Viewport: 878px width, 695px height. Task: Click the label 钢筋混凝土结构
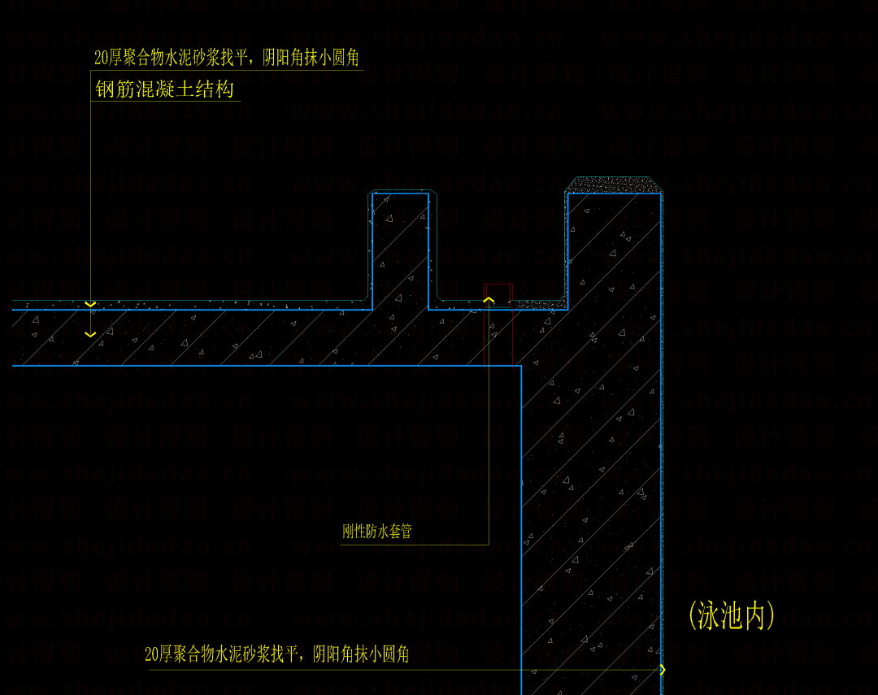[165, 89]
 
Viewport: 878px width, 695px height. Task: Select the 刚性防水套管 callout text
[377, 532]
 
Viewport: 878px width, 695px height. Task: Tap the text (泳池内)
[731, 615]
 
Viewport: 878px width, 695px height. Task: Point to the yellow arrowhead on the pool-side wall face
[662, 670]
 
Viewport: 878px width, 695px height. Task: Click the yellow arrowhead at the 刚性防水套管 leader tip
[489, 300]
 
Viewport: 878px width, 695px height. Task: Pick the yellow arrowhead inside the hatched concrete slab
[90, 333]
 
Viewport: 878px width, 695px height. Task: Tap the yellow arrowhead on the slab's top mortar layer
[90, 304]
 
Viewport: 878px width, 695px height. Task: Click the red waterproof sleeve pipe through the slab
[499, 324]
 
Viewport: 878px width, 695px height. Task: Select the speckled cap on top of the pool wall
[614, 185]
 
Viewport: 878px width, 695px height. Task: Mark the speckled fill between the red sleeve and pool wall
[539, 304]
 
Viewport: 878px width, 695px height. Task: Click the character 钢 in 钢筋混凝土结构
[105, 89]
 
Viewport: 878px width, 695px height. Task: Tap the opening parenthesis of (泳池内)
[692, 615]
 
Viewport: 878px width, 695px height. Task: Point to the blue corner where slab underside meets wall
[520, 367]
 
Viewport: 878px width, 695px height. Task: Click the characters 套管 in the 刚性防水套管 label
[401, 532]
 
